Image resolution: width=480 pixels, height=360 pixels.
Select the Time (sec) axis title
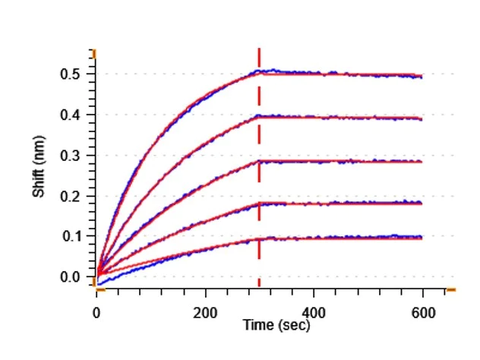276,325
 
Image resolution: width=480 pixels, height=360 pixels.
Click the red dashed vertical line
260,175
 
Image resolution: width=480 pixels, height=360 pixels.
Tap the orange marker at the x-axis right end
450,290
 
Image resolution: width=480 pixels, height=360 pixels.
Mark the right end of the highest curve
422,76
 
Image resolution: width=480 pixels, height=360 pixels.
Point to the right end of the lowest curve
422,238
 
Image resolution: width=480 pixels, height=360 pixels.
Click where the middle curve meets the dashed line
260,161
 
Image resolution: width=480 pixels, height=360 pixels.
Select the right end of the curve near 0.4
422,118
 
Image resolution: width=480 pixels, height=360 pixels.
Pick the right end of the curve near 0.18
422,204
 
